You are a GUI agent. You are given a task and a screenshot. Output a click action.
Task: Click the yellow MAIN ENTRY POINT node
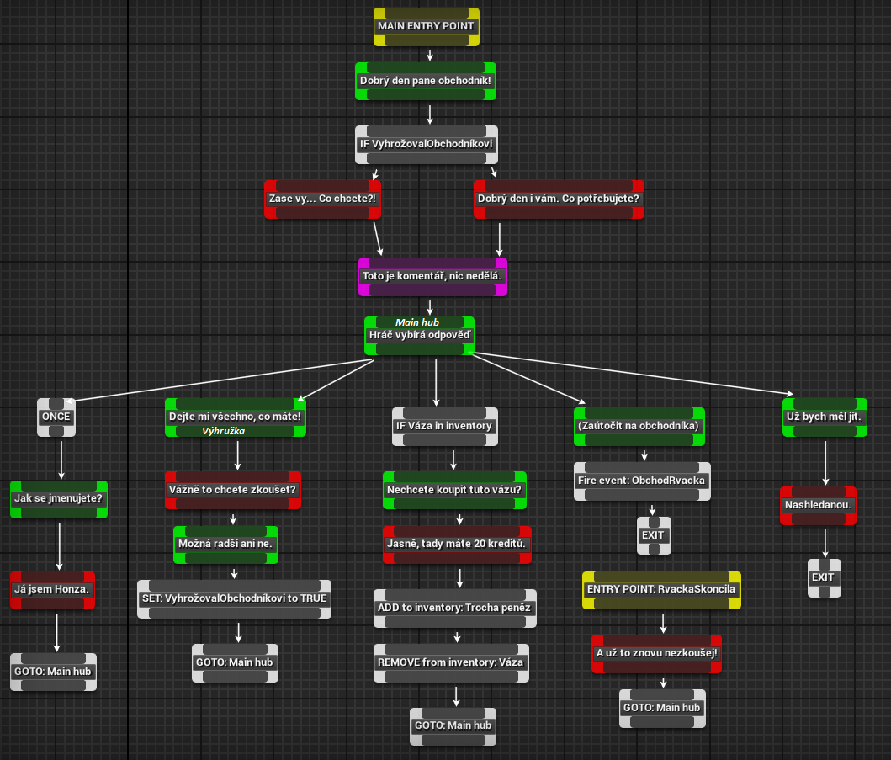click(427, 27)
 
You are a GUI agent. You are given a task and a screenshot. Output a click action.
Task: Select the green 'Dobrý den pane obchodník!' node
click(426, 82)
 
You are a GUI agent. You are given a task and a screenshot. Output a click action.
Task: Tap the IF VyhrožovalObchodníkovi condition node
click(427, 145)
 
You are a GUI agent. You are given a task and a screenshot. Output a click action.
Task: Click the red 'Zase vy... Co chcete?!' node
click(322, 199)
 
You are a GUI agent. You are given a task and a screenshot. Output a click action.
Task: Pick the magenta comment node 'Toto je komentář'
click(432, 277)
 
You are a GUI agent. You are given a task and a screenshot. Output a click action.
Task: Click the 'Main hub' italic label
click(417, 322)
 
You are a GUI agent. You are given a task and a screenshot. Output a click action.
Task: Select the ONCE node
click(56, 417)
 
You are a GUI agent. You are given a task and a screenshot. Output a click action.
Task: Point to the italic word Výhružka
click(223, 431)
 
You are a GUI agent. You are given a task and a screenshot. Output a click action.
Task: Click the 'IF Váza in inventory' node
click(444, 427)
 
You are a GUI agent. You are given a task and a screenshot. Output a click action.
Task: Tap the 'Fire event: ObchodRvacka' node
click(642, 481)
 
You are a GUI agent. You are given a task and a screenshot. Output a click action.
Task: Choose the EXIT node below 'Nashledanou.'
click(824, 578)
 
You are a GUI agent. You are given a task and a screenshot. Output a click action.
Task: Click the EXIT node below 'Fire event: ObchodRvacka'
click(654, 535)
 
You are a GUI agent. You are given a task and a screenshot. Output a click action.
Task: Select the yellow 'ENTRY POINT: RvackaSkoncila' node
click(661, 590)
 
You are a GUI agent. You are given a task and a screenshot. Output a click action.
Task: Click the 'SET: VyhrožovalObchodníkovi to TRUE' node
click(234, 599)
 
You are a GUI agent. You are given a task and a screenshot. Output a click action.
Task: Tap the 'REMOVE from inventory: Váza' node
click(451, 663)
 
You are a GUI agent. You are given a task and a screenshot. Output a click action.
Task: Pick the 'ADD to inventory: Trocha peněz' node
click(454, 609)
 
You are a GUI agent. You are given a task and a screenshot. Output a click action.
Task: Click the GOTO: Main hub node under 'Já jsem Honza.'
click(53, 672)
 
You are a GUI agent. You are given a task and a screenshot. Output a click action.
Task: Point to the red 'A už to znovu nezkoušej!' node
click(656, 654)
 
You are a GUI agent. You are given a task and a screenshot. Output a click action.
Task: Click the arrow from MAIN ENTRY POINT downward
click(430, 56)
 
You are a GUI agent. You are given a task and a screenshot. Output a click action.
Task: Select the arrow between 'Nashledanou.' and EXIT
click(825, 544)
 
